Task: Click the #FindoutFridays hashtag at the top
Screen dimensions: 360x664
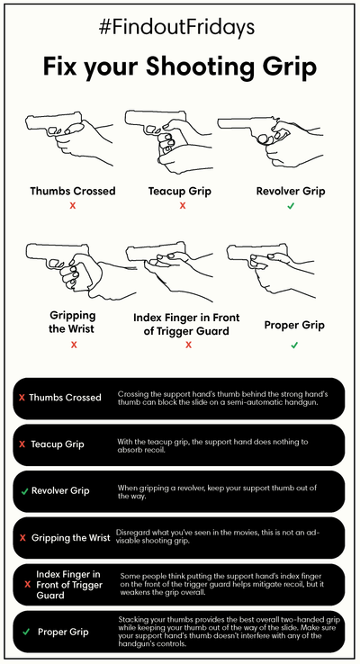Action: [176, 28]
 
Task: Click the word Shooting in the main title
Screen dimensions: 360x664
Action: [200, 67]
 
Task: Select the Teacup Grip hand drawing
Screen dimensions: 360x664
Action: [169, 143]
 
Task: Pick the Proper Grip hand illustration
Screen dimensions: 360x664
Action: [271, 271]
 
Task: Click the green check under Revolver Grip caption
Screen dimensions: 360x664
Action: [291, 206]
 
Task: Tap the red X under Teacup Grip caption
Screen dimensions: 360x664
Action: [183, 206]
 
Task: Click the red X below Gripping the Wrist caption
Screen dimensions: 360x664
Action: [74, 345]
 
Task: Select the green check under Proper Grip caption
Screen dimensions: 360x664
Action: [294, 345]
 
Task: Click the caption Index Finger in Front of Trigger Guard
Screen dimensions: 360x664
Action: [186, 324]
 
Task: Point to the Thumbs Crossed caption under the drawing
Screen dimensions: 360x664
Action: [73, 191]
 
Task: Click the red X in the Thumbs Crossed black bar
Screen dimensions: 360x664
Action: [22, 398]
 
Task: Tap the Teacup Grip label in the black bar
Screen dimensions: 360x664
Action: [58, 444]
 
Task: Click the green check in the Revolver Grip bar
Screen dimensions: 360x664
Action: [24, 491]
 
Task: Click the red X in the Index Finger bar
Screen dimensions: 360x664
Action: [28, 585]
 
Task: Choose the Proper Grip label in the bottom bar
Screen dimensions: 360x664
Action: [63, 632]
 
